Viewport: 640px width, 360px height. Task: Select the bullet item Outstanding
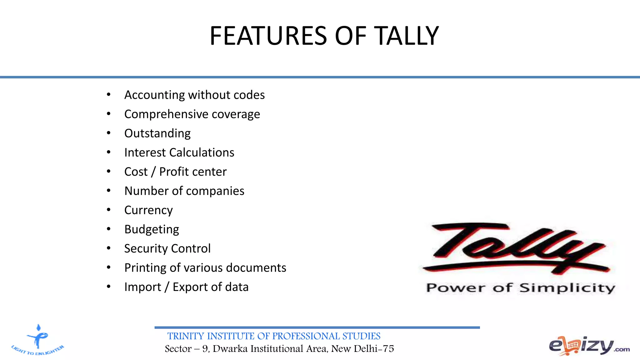(x=157, y=133)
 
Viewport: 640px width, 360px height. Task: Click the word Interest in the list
(x=145, y=152)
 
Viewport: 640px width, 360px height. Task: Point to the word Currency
(x=148, y=210)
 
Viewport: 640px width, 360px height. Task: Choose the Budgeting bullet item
(x=152, y=229)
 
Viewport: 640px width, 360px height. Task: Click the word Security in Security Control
(x=146, y=249)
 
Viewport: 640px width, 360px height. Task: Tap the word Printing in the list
(x=145, y=268)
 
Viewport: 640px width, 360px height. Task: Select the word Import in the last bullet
(x=142, y=287)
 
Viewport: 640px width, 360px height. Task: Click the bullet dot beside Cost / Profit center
(x=108, y=171)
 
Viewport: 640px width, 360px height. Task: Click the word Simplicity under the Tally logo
(x=567, y=288)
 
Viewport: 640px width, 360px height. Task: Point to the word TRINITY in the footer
(x=186, y=336)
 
